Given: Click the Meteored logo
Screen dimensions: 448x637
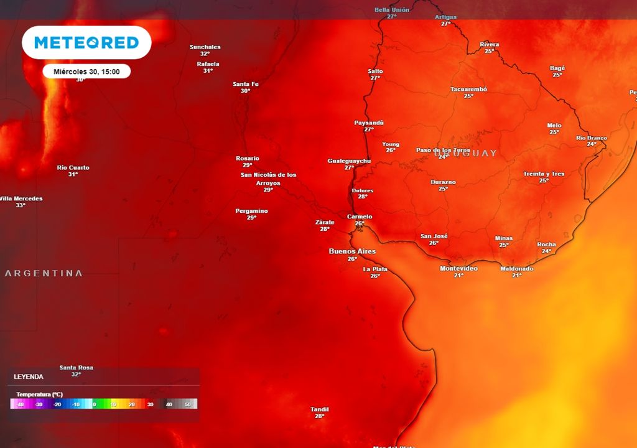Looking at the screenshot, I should [86, 42].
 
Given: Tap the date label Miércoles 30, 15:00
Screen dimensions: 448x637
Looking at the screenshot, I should [86, 72].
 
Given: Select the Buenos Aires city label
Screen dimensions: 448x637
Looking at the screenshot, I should [352, 251].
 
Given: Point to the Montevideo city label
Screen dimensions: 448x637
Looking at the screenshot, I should [458, 268].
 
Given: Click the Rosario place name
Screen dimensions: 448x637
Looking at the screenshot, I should [248, 158].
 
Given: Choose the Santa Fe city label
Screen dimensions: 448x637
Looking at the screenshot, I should [245, 84].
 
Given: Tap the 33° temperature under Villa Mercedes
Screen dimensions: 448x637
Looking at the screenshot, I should [21, 205].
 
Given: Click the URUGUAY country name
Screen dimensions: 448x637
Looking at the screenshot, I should [466, 153].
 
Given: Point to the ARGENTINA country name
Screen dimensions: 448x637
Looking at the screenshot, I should [44, 273].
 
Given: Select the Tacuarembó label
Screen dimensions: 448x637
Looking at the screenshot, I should [468, 89].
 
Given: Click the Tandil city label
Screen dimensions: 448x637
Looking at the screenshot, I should [319, 409].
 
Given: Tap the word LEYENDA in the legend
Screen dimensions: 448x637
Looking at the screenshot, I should [29, 376].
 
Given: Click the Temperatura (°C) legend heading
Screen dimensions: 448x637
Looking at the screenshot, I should [39, 394].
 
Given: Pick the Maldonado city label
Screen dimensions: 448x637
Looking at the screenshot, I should [517, 268].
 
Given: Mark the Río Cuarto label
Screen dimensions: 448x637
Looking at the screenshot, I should [73, 167].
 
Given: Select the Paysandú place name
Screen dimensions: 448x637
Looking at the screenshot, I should [369, 123].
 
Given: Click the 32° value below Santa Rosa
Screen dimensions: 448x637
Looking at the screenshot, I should [76, 375].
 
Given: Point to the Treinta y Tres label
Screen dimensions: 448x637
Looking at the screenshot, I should [544, 174].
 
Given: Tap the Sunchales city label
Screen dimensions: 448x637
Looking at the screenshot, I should [205, 47].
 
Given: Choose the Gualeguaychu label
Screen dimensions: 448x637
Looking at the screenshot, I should [349, 161].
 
